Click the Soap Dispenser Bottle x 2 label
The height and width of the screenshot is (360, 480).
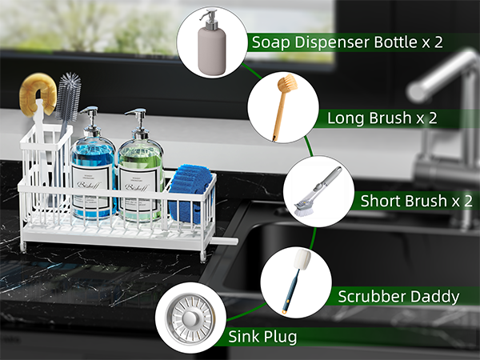(346, 42)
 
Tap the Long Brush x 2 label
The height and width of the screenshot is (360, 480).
(382, 118)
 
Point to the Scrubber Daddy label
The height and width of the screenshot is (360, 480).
(398, 297)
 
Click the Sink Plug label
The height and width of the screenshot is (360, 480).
(263, 337)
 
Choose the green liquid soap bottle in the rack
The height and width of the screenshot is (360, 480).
(141, 180)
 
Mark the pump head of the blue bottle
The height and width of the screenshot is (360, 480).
(91, 118)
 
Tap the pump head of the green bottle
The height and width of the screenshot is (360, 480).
(138, 119)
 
